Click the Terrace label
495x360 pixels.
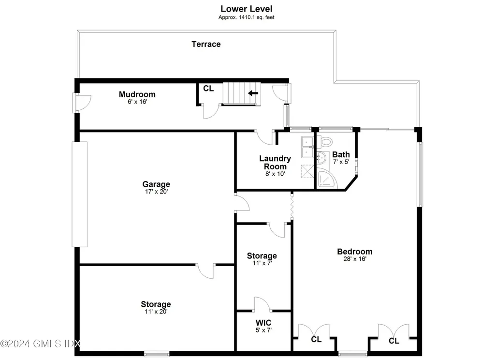pyautogui.click(x=206, y=44)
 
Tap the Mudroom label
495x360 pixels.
pyautogui.click(x=137, y=94)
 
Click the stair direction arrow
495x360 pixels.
pyautogui.click(x=253, y=93)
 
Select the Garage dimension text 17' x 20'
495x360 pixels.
pyautogui.click(x=156, y=192)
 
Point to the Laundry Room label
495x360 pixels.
pyautogui.click(x=275, y=163)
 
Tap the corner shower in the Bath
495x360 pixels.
pyautogui.click(x=327, y=179)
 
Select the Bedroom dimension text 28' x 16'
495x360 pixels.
pyautogui.click(x=355, y=259)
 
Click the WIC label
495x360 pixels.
pyautogui.click(x=263, y=323)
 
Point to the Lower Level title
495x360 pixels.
pyautogui.click(x=246, y=9)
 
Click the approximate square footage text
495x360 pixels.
pyautogui.click(x=246, y=17)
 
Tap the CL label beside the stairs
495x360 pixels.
pyautogui.click(x=208, y=89)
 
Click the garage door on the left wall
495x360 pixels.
pyautogui.click(x=80, y=194)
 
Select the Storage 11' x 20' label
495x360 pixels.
pyautogui.click(x=156, y=308)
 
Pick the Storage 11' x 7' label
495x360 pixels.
pyautogui.click(x=262, y=259)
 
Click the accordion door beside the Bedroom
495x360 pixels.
pyautogui.click(x=292, y=206)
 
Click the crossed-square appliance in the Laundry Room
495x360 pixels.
pyautogui.click(x=307, y=171)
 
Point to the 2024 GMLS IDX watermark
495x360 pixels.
pyautogui.click(x=41, y=344)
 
